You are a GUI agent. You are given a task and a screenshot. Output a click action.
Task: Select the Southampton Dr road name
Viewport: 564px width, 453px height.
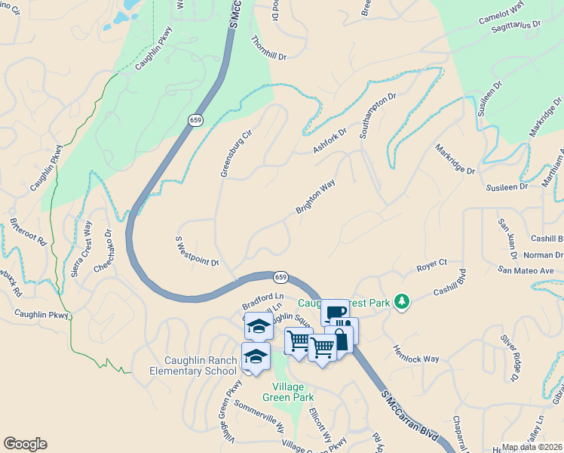click(x=378, y=116)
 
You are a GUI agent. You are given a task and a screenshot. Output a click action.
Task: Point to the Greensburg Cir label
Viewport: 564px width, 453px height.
click(x=235, y=153)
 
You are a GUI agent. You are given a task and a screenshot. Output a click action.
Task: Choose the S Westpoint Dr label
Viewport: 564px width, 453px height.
click(x=197, y=251)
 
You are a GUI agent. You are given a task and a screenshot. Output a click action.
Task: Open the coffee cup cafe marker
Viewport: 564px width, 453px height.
click(x=335, y=313)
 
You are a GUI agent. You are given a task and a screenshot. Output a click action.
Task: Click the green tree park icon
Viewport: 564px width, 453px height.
click(x=402, y=302)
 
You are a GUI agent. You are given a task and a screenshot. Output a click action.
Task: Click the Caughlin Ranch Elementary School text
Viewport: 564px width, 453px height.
click(x=199, y=365)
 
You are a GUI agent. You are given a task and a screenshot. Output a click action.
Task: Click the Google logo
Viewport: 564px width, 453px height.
click(x=25, y=444)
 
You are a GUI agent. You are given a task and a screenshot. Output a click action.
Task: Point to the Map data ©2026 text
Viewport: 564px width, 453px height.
click(x=531, y=447)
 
